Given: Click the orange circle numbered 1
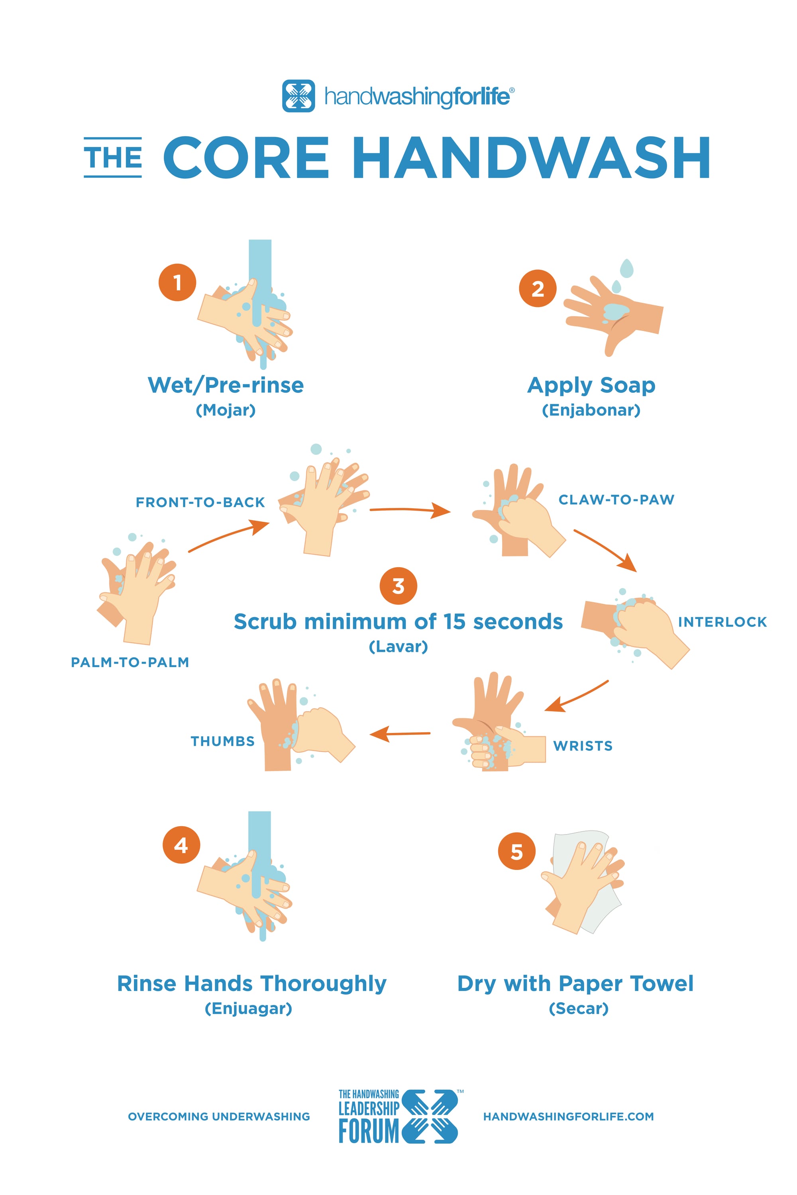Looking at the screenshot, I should coord(177,282).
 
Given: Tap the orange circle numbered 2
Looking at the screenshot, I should coord(537,288).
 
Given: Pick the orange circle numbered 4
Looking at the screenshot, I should coord(181,844).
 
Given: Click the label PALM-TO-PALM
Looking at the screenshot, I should coord(130,662).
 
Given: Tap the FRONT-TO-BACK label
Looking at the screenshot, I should coord(200,502).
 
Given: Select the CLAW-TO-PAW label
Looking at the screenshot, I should coord(616,500).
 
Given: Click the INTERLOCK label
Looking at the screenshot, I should coord(722,621).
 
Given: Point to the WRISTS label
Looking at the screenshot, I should coord(583,745).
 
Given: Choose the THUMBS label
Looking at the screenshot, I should coord(223,741).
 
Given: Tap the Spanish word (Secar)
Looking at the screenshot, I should coord(579,1008).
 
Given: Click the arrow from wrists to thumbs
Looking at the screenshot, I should coord(400,734).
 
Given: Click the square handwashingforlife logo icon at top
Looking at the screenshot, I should coord(298,96).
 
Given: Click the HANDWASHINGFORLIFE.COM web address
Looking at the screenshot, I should coord(568,1116).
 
